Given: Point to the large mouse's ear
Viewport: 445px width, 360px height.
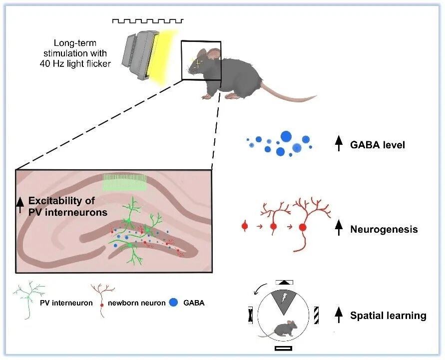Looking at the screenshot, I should coord(213,54).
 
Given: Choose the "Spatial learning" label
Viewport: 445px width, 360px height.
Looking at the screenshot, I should coord(388,316).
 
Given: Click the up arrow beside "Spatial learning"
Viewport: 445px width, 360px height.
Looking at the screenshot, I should coord(339,314).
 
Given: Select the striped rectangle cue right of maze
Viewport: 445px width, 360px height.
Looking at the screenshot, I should coord(316,315).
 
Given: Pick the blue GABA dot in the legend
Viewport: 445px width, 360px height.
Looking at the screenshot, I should coord(174,302).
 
